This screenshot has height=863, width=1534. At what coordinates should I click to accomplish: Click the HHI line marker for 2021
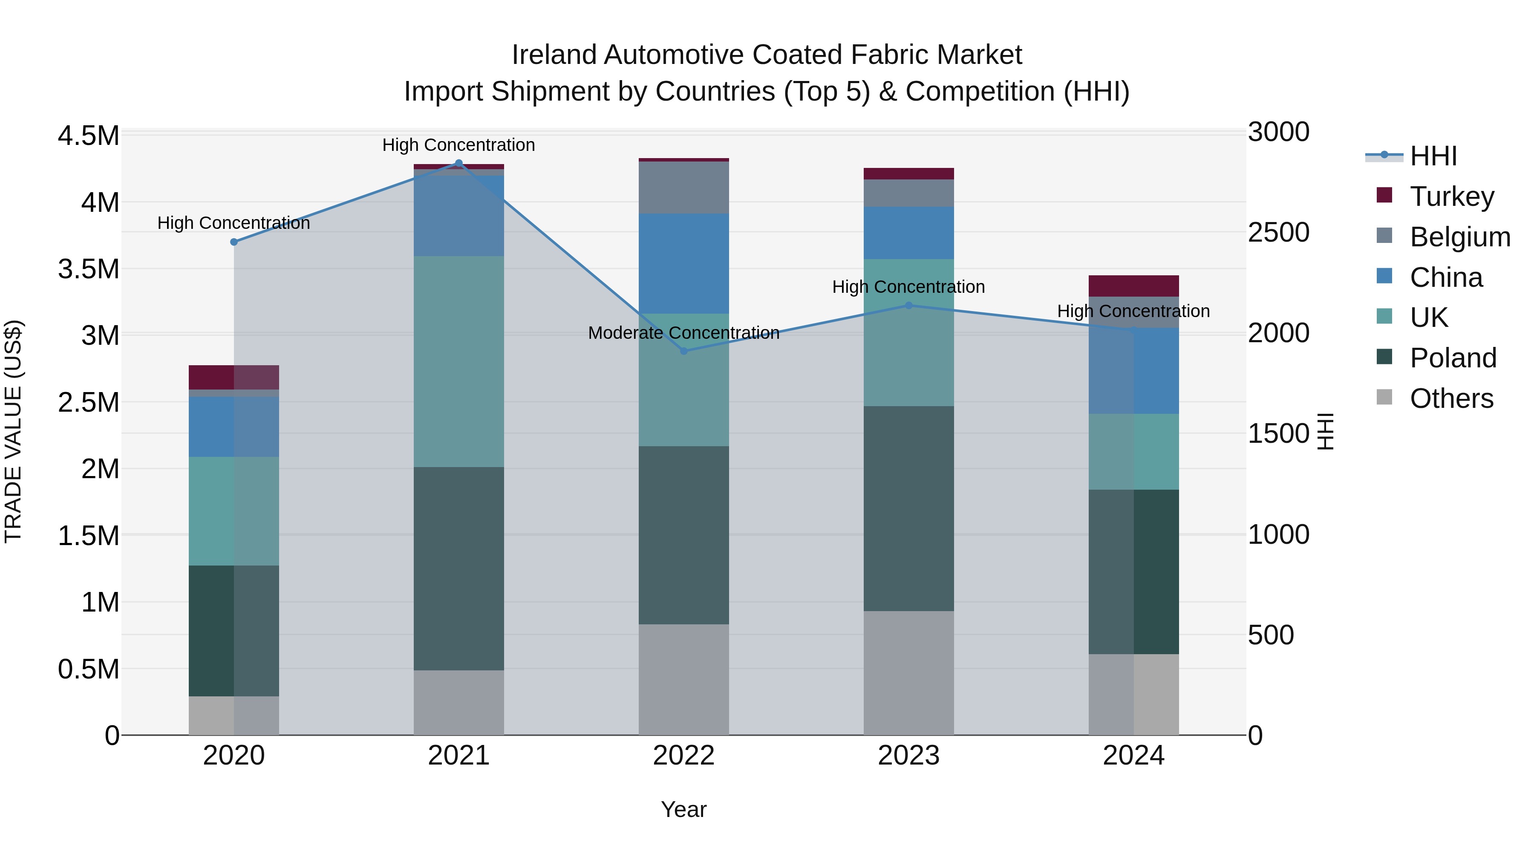(x=458, y=163)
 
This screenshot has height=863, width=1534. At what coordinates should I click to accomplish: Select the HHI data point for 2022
(x=683, y=351)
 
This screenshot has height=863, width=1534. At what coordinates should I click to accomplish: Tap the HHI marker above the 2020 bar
(x=234, y=242)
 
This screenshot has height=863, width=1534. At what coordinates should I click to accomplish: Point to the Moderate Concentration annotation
(x=683, y=333)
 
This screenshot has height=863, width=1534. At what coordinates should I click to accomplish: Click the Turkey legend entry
(x=1452, y=196)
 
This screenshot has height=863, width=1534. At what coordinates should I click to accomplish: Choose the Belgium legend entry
(x=1459, y=237)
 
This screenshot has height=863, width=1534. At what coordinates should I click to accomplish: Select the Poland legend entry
(x=1453, y=358)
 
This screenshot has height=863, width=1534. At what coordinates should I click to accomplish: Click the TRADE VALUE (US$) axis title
(x=13, y=431)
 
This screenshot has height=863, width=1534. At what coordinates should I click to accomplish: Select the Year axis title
(x=683, y=809)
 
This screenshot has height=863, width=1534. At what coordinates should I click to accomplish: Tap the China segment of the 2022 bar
(x=683, y=263)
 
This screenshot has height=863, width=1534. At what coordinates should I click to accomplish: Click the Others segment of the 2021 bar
(x=458, y=702)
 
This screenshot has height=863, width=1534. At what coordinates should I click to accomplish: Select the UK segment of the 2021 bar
(x=458, y=361)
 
